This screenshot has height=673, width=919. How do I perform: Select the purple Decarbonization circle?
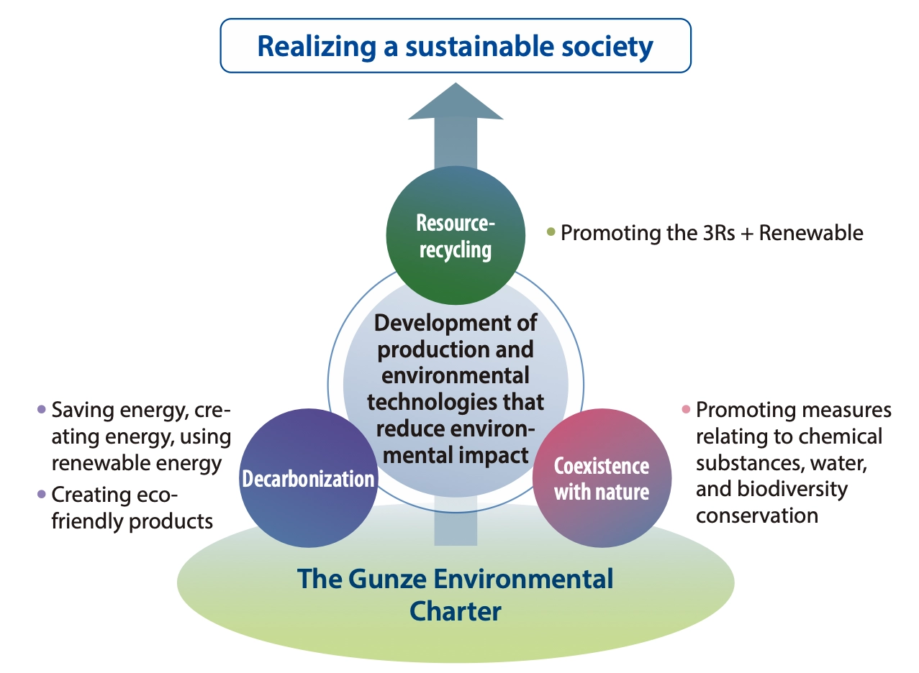(309, 478)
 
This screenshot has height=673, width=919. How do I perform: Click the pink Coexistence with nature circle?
(602, 478)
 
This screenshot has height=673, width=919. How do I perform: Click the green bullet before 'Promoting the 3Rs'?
(551, 232)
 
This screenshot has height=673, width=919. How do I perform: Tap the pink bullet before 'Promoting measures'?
(686, 410)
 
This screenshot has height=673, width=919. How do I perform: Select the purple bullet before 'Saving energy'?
(41, 410)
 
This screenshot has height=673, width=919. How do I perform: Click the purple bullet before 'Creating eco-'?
(41, 494)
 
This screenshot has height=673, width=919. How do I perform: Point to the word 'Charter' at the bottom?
(455, 611)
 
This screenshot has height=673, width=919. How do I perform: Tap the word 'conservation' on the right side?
(757, 516)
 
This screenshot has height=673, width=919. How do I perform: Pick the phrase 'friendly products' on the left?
(132, 521)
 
